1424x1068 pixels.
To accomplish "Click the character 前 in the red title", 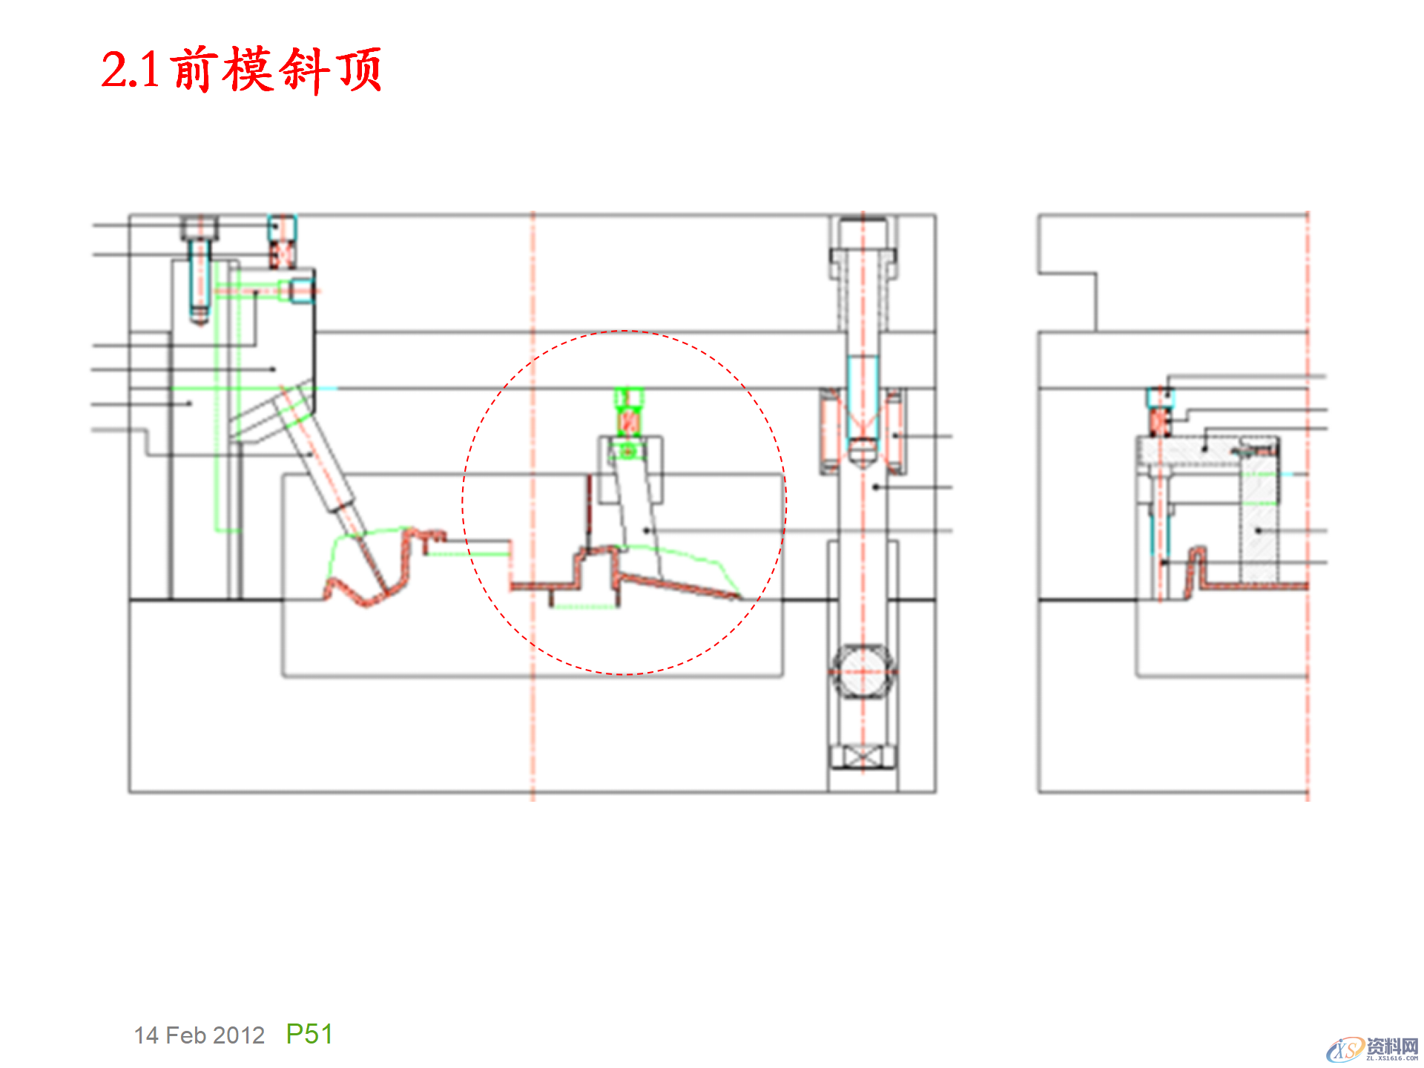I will click(194, 70).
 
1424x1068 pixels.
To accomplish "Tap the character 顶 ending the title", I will click(360, 70).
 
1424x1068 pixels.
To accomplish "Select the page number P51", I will click(309, 1034).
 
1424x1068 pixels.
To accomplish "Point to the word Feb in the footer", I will click(185, 1035).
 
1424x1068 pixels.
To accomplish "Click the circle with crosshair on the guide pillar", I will click(863, 671).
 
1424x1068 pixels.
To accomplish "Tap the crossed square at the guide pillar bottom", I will click(863, 757).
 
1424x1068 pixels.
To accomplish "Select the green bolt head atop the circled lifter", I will click(628, 398).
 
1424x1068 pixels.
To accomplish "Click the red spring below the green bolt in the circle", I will click(628, 423).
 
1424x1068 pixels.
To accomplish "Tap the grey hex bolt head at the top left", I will click(200, 226).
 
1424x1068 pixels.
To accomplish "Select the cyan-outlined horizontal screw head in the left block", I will click(301, 291).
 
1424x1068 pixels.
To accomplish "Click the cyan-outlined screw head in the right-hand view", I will click(1159, 398).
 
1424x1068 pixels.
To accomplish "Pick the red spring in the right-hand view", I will click(1158, 423).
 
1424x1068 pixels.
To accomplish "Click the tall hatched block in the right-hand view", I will click(1259, 519).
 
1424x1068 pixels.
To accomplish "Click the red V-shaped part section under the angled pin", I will click(367, 593).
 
